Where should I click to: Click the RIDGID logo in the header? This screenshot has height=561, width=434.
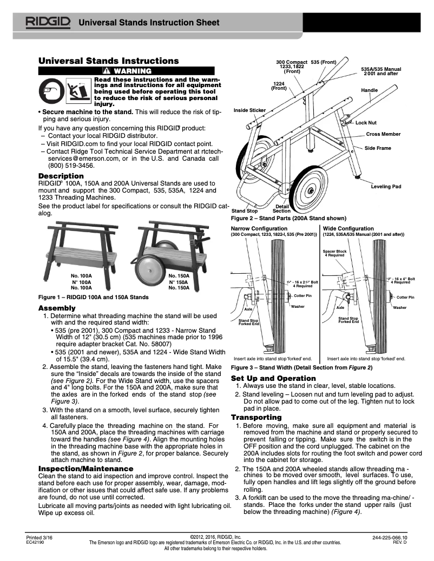coord(49,22)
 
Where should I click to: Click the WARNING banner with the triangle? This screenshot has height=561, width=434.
coord(127,71)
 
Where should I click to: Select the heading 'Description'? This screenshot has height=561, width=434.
coord(61,176)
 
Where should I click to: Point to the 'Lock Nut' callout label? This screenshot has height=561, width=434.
coord(366,123)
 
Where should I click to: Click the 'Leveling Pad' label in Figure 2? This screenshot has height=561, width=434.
coord(386,186)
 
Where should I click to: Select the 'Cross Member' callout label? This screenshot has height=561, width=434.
coord(383,134)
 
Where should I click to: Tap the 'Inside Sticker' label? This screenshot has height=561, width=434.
coord(249,110)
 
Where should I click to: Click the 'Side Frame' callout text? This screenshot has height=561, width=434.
coord(378,148)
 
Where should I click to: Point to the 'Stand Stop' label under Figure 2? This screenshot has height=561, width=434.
coord(245,210)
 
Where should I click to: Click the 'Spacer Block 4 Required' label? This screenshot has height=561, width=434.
coord(334,253)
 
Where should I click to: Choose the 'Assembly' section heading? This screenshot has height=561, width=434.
coord(57,308)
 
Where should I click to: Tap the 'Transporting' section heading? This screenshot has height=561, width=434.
coord(257,417)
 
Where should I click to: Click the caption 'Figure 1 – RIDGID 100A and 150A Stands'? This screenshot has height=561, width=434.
coord(93,297)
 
